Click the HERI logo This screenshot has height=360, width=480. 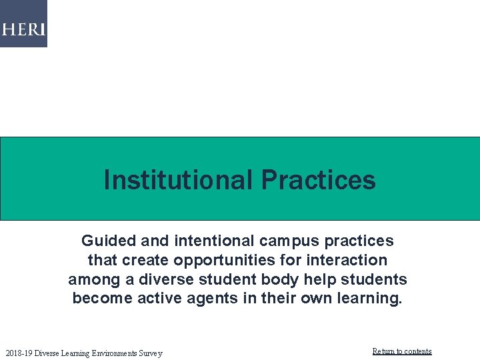(x=23, y=29)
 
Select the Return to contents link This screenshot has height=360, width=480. (x=401, y=351)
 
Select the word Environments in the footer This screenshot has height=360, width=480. (x=107, y=353)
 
